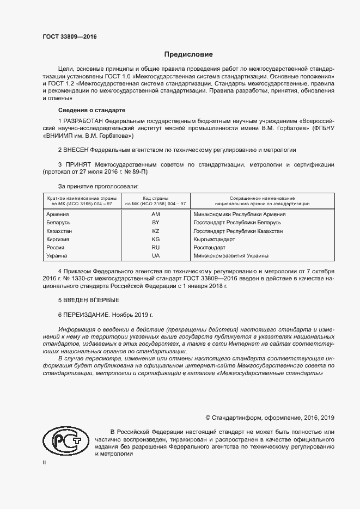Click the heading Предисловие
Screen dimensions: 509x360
(x=188, y=54)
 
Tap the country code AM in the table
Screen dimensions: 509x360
(x=155, y=214)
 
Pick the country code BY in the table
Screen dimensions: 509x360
(x=155, y=223)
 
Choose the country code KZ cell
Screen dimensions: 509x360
(x=155, y=231)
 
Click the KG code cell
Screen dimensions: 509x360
(x=155, y=239)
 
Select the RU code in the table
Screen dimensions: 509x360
(x=155, y=247)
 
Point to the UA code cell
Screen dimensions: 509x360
(x=155, y=255)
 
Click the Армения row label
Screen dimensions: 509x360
(x=58, y=214)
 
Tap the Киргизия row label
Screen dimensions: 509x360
(x=59, y=239)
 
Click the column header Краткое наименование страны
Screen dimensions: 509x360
(x=80, y=200)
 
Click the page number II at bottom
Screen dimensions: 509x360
(x=45, y=462)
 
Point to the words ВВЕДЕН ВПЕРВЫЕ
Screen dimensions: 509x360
(x=91, y=300)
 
